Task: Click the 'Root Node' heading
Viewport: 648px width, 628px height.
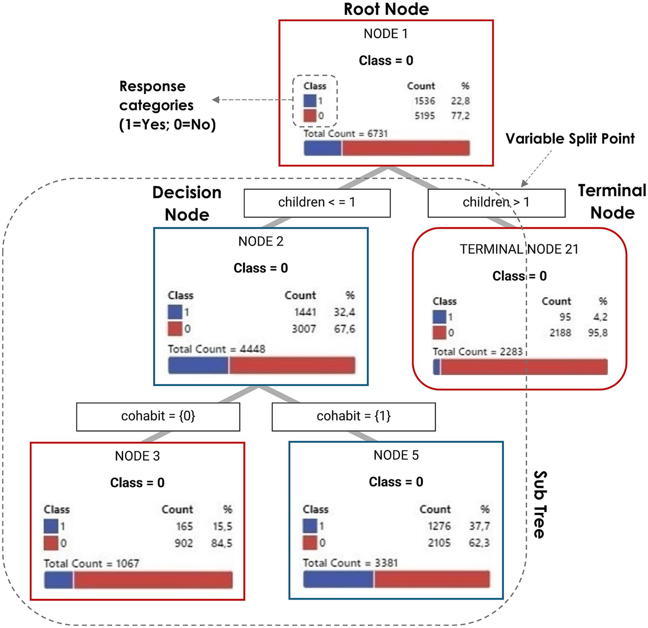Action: [386, 9]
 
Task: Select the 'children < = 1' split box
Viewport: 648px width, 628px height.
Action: [317, 202]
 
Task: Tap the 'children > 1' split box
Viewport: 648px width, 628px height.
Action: [496, 202]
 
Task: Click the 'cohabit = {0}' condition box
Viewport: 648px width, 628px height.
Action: [158, 416]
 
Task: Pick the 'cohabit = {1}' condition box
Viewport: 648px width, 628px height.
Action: [353, 416]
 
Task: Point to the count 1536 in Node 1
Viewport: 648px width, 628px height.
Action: [424, 101]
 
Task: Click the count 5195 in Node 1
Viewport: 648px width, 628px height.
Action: [424, 115]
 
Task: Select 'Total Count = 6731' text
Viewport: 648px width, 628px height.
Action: [345, 134]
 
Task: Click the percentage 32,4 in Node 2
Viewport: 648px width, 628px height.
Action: [344, 312]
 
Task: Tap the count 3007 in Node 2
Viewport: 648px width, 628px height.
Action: [304, 329]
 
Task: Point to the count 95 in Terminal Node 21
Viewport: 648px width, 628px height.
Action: [565, 317]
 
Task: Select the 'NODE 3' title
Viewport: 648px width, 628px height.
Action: [137, 456]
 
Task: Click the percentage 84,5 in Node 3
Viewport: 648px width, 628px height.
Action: [222, 543]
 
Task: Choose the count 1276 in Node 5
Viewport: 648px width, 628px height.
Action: [439, 526]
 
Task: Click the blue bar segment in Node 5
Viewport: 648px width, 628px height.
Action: [338, 579]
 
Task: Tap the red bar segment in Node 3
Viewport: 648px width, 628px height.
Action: [153, 580]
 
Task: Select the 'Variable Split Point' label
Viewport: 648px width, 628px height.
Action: [570, 139]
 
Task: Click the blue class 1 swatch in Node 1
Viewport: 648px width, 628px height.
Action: [310, 101]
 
